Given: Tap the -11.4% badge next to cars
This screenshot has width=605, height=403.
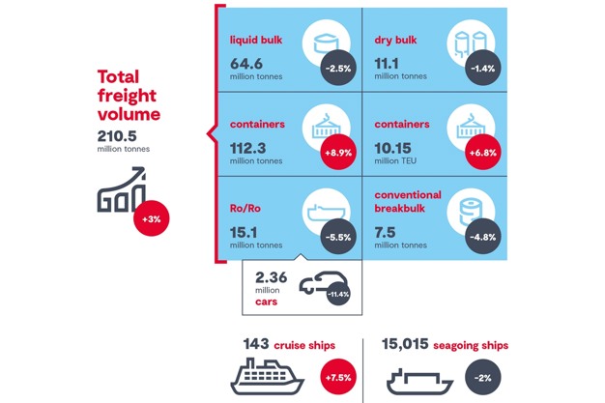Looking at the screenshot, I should (338, 292).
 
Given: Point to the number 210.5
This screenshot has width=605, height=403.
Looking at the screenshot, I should (120, 135).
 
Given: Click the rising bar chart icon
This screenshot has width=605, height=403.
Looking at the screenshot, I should (120, 191).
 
